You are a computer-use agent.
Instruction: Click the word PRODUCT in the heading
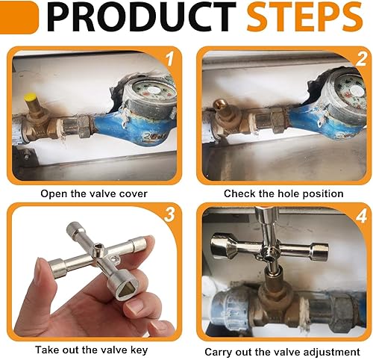click(141, 16)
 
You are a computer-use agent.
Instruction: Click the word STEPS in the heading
click(304, 16)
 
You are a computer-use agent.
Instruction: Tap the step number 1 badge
click(169, 59)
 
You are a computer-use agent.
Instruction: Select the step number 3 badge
click(170, 214)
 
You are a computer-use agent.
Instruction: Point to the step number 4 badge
click(361, 216)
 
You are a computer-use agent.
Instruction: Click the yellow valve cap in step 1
click(30, 97)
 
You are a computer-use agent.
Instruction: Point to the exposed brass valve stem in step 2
click(220, 105)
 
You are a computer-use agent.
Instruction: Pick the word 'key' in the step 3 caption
click(138, 350)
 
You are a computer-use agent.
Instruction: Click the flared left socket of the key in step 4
click(222, 246)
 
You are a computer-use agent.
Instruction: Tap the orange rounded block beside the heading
click(19, 17)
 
